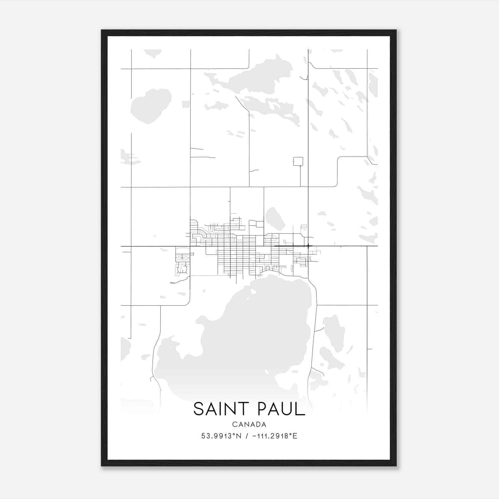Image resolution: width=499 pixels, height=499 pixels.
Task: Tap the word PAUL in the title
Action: [281, 409]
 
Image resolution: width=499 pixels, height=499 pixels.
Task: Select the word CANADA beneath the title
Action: [249, 424]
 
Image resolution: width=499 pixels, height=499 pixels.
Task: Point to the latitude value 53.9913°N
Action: [221, 436]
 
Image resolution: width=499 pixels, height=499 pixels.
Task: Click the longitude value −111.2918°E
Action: [274, 436]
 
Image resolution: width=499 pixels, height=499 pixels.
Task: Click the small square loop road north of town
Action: [298, 161]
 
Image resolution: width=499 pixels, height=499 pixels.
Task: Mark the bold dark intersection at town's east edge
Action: [308, 246]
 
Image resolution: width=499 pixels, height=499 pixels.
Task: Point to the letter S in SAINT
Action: [198, 409]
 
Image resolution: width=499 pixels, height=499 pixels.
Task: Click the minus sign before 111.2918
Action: [254, 436]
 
